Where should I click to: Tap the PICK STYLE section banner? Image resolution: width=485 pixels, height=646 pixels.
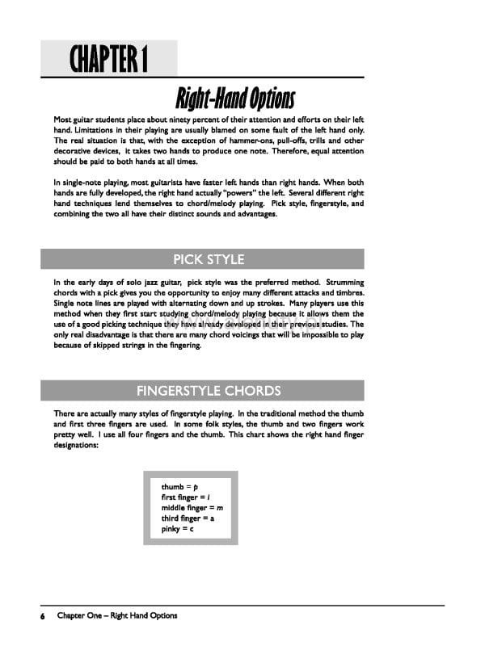(x=208, y=259)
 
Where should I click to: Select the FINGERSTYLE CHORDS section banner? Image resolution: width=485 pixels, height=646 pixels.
(x=209, y=391)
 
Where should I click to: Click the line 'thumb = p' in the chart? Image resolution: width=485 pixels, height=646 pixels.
(x=179, y=487)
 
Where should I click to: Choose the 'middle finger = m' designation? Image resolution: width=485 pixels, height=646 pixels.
(x=192, y=508)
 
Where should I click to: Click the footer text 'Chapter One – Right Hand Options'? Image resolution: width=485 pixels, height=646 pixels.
(x=117, y=616)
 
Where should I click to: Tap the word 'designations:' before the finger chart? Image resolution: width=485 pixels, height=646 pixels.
(x=76, y=444)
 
